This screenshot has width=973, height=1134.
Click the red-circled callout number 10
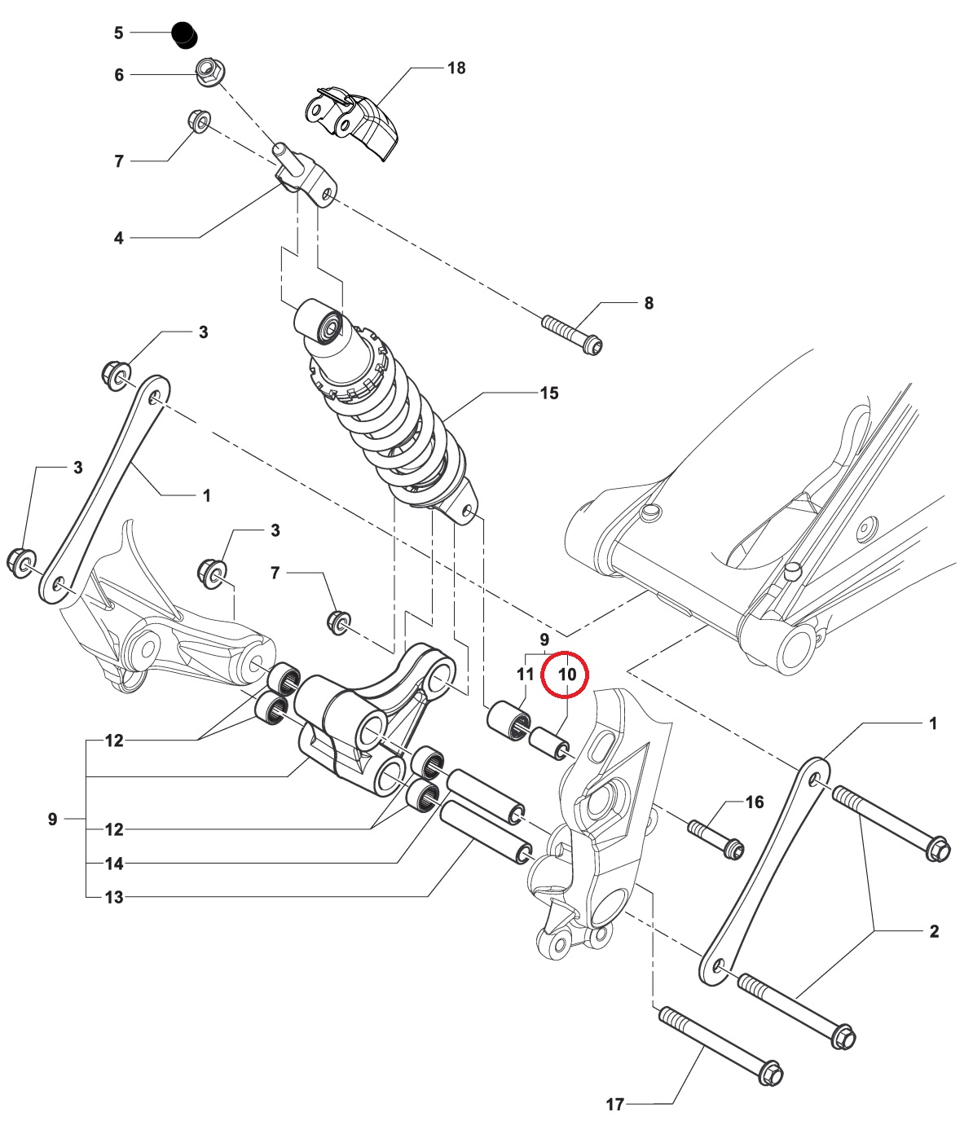pyautogui.click(x=567, y=675)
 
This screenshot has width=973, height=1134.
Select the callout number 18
pyautogui.click(x=456, y=68)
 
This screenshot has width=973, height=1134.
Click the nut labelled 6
pyautogui.click(x=208, y=73)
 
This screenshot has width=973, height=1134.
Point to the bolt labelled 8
pyautogui.click(x=572, y=335)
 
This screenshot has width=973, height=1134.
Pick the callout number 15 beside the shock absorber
pyautogui.click(x=549, y=393)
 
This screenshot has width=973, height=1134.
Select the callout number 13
pyautogui.click(x=114, y=898)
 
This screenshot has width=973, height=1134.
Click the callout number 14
pyautogui.click(x=114, y=864)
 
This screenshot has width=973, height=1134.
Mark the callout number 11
pyautogui.click(x=526, y=675)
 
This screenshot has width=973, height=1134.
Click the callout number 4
pyautogui.click(x=119, y=239)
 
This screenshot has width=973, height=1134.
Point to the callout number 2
pyautogui.click(x=934, y=931)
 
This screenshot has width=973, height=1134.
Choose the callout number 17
pyautogui.click(x=615, y=1105)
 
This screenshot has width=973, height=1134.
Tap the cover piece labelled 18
pyautogui.click(x=354, y=120)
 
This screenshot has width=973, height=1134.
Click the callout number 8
pyautogui.click(x=649, y=303)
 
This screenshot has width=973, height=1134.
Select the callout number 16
pyautogui.click(x=755, y=802)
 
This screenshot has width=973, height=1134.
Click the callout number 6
pyautogui.click(x=119, y=75)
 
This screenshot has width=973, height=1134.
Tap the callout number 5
pyautogui.click(x=119, y=33)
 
